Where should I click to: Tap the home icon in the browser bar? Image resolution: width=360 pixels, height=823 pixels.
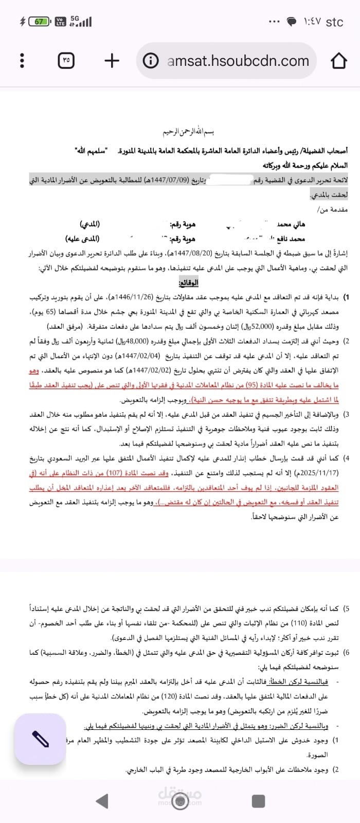[x=338, y=61]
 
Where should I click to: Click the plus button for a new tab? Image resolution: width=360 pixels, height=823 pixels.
[x=112, y=61]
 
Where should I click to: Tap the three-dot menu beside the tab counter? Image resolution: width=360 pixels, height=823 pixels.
[x=22, y=61]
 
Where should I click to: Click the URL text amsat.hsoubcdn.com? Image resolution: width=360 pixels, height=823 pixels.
[x=238, y=61]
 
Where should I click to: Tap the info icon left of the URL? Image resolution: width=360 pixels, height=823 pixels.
[x=150, y=61]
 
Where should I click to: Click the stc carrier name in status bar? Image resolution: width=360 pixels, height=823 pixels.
[x=334, y=22]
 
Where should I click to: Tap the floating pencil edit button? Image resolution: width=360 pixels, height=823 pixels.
[x=40, y=739]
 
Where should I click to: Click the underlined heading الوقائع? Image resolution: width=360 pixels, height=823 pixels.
[x=188, y=282]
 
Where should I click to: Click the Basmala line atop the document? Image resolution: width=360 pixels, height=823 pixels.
[x=187, y=132]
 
